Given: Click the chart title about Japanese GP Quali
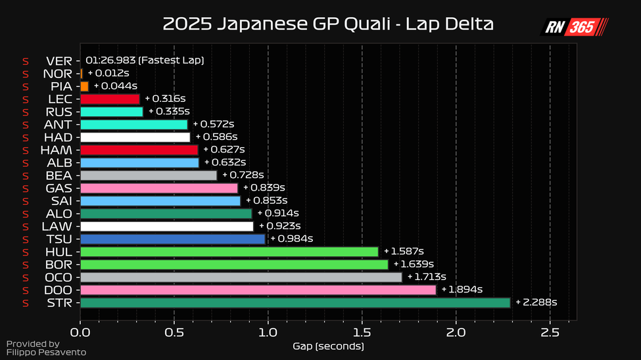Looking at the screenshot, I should pos(328,25).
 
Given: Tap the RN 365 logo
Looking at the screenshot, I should pos(574,27).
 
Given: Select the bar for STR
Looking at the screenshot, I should pos(295,303).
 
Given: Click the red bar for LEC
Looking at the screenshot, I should pos(110,99).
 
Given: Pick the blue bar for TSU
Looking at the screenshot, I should pos(172,239).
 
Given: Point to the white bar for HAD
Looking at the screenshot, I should pos(135,137).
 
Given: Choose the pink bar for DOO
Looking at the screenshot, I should pos(258,290).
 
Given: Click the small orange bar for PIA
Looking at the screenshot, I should pos(84,86).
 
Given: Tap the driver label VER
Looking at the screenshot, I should pos(59,60).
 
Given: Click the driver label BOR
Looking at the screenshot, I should pos(59,265).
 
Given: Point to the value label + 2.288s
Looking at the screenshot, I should pos(536,302).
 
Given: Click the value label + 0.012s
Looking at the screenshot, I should pos(108,73).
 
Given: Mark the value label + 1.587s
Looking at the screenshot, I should pos(404,252).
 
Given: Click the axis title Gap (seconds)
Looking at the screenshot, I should pos(328,346).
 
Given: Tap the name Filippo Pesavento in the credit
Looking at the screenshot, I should pos(46,353).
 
